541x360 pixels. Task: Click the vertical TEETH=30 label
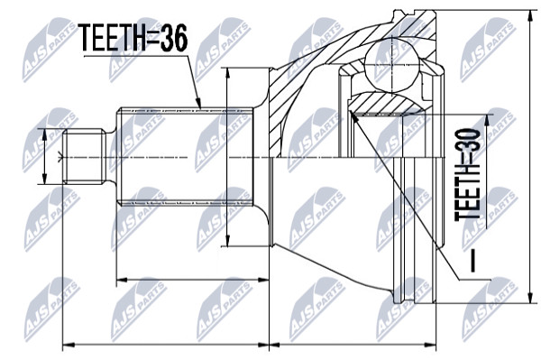(x=467, y=175)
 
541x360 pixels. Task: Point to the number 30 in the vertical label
(x=467, y=140)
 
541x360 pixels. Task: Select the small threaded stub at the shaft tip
(x=85, y=156)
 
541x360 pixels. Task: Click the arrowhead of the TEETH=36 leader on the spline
(x=198, y=103)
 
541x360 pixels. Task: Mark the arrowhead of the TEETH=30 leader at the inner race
(x=353, y=116)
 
